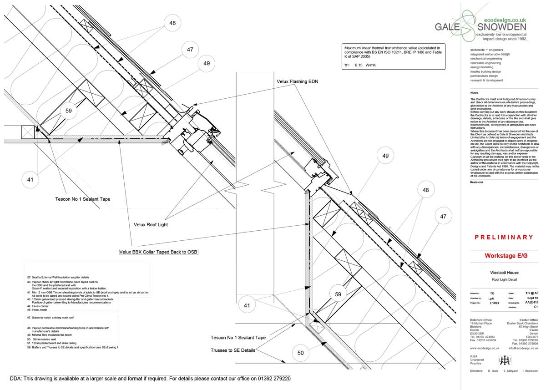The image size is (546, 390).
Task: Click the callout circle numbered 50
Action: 300,353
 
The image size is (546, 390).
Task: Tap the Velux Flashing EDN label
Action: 298,81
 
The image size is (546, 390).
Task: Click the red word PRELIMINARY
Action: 504,237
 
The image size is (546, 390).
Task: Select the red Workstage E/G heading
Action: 506,256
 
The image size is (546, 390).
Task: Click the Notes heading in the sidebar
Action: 474,93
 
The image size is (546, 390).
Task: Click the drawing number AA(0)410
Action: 531,302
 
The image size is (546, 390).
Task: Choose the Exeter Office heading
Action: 528,320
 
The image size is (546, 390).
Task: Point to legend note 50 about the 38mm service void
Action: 45,339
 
